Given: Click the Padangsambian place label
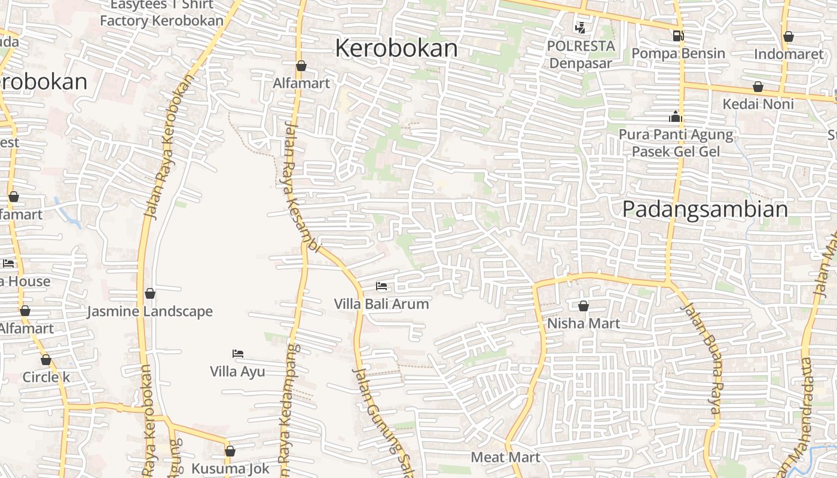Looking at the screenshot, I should [705, 209].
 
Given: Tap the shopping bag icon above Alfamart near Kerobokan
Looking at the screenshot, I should [301, 66].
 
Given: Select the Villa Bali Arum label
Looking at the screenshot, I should [381, 304].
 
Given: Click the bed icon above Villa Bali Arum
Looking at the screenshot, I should [381, 286].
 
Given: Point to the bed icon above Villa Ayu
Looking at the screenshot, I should [238, 354].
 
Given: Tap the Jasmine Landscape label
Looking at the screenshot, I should [150, 311].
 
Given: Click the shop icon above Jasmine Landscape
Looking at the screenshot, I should [150, 293].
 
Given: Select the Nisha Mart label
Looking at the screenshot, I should [584, 323].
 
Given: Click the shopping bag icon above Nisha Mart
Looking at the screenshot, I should [584, 306].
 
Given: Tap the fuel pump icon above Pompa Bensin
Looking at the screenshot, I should [678, 36].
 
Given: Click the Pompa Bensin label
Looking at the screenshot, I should [678, 53].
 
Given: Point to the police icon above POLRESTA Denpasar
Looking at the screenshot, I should [580, 27].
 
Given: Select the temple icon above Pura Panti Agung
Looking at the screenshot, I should [676, 117].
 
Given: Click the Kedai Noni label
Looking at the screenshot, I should [758, 104].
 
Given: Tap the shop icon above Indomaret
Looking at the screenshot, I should [789, 36].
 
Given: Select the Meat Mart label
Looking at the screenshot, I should [505, 457].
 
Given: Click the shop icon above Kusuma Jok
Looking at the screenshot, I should [230, 451].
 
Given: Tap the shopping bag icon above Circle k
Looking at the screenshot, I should [46, 360].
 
